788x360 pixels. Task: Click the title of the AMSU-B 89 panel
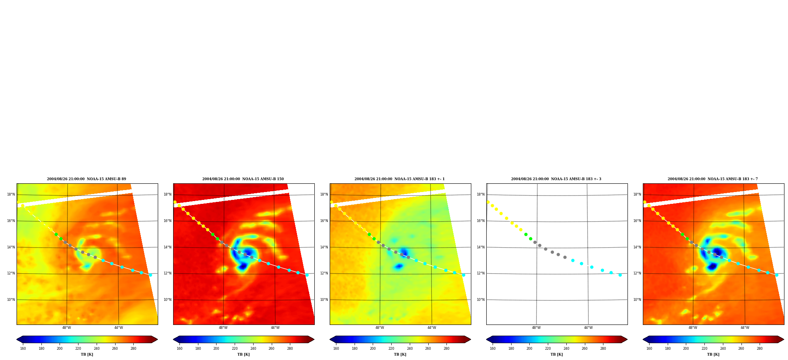coord(86,179)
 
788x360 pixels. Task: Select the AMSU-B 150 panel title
coord(243,179)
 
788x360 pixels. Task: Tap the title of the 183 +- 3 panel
coord(556,179)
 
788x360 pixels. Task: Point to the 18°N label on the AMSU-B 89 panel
coord(11,194)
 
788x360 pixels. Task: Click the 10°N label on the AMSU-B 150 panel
coord(167,300)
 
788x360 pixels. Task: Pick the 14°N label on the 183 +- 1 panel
coord(324,247)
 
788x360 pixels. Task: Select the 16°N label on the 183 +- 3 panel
coord(480,221)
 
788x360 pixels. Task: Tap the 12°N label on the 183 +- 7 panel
coord(637,273)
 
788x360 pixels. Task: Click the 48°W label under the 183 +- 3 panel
coord(536,328)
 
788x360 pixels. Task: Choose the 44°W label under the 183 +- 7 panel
coord(745,328)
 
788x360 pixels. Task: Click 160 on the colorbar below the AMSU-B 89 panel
coord(23,349)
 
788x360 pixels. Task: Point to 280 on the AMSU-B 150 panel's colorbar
coord(290,349)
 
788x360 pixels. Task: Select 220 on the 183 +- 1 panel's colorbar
coord(391,349)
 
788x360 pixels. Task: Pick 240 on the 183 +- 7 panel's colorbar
coord(723,349)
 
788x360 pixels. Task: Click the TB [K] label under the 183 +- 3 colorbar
coord(556,354)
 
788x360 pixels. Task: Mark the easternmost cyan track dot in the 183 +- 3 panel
coord(620,275)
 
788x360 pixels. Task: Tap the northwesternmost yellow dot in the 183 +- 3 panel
coord(488,202)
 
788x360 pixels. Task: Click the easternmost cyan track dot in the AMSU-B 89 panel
coord(150,275)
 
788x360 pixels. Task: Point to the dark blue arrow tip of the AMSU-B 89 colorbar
coord(17,339)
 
